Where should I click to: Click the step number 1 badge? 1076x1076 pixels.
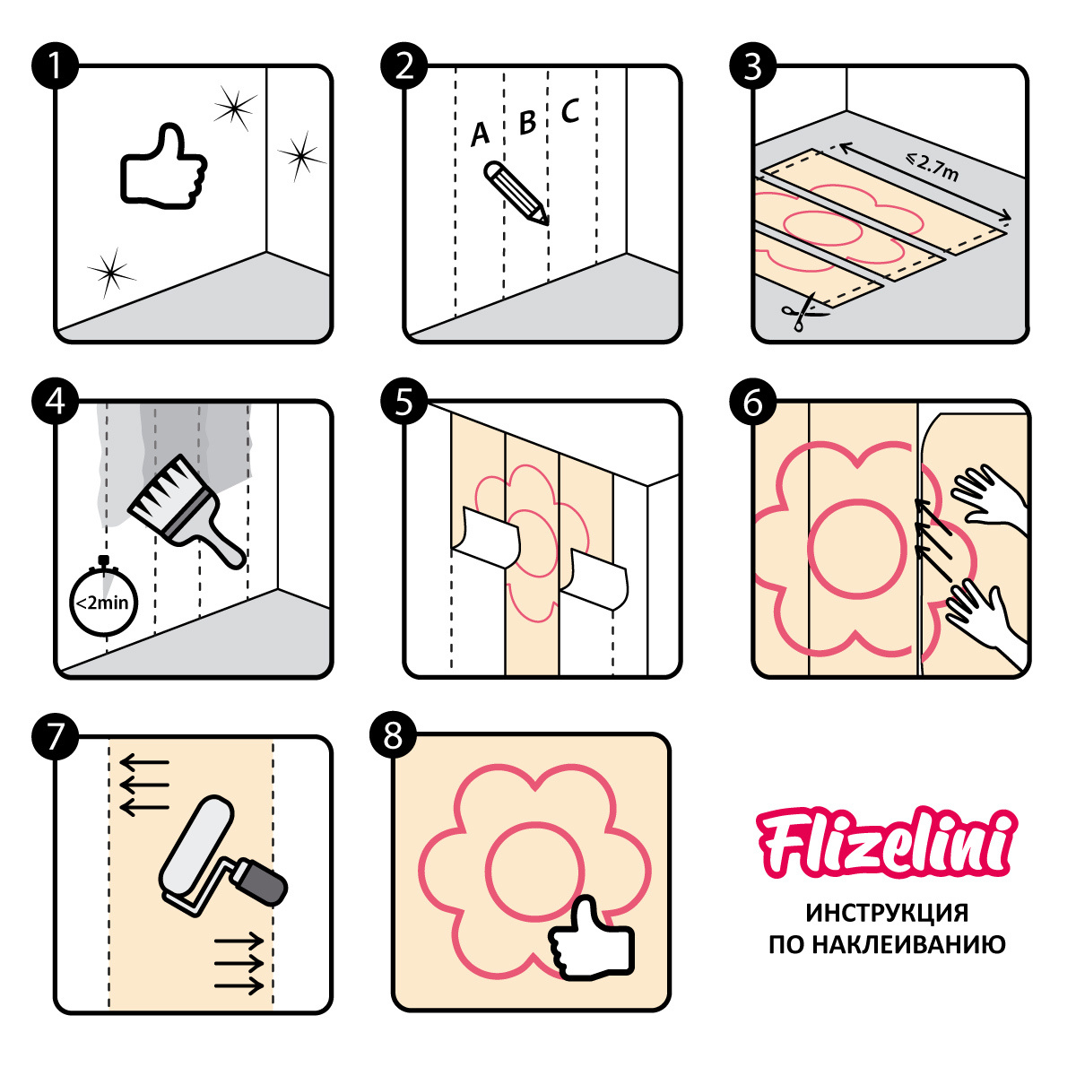55,65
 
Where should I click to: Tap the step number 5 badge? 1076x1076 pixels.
403,402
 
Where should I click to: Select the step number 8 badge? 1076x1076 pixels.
393,735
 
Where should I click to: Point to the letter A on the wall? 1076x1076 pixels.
480,134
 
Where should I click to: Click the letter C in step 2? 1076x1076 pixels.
570,110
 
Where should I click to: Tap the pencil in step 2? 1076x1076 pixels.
516,193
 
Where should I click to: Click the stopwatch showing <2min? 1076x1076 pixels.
103,597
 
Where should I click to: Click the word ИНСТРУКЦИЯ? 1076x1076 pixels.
887,913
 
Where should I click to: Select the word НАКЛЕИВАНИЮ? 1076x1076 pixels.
908,945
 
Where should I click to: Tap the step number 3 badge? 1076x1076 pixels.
752,65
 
